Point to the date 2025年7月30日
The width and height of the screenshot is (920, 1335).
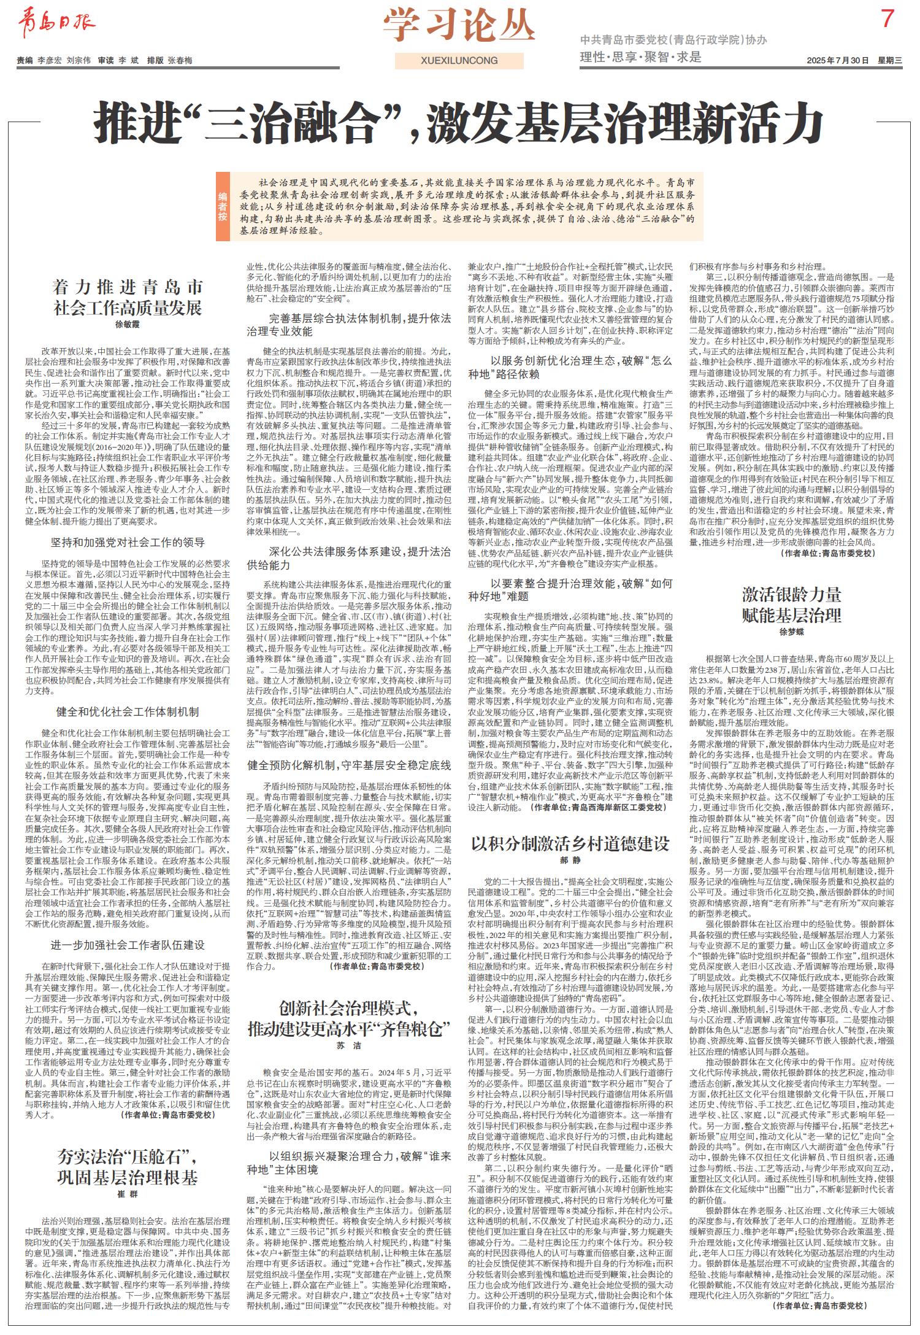click(x=839, y=60)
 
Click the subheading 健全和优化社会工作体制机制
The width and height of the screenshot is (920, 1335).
click(x=128, y=711)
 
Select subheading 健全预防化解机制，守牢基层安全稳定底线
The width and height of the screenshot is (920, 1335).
click(x=348, y=765)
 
